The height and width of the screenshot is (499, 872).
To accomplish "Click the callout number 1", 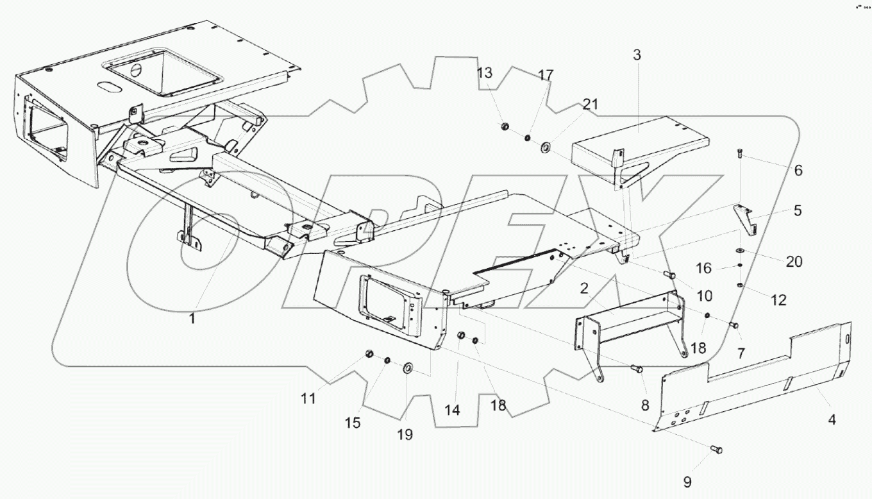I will pyautogui.click(x=191, y=317).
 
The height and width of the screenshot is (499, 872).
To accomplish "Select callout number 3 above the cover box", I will pyautogui.click(x=637, y=56).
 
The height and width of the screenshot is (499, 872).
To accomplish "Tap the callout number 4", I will pyautogui.click(x=832, y=420).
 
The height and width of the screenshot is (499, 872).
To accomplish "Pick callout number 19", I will pyautogui.click(x=405, y=434).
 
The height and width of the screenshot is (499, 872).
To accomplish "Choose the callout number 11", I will pyautogui.click(x=308, y=398).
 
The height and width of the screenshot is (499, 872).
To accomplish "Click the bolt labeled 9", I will pyautogui.click(x=716, y=450).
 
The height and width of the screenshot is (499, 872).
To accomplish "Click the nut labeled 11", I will pyautogui.click(x=369, y=354).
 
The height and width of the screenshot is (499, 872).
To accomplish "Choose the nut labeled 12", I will pyautogui.click(x=741, y=285).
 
